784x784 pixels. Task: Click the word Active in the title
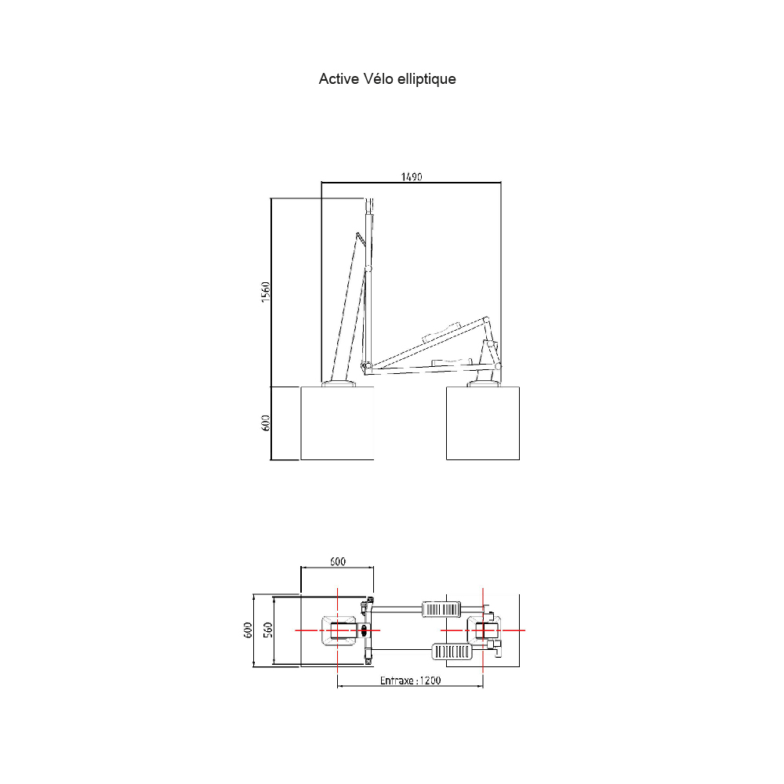tap(339, 79)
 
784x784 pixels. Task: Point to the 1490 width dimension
tap(412, 176)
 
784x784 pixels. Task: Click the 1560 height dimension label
tap(266, 292)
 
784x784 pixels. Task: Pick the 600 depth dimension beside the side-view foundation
tap(266, 423)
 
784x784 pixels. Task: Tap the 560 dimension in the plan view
tap(268, 630)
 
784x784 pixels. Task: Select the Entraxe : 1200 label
tap(411, 681)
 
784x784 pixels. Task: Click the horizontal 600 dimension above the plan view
tap(337, 561)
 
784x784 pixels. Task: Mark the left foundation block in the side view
tap(337, 423)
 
